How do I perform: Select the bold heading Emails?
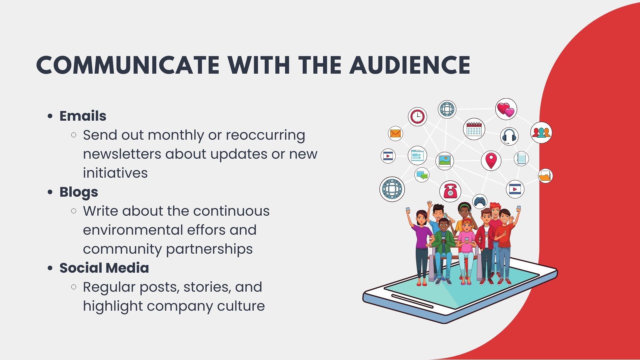point(83,116)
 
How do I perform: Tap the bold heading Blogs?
point(79,192)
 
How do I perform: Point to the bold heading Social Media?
point(104,268)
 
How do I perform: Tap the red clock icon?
point(417,117)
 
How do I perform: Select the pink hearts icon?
point(506,109)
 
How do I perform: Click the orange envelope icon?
point(396,134)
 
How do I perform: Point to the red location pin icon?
point(491,160)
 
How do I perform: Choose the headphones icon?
point(509,136)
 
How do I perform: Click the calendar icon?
point(474,129)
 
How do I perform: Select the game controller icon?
point(480,201)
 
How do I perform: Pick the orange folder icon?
point(545,176)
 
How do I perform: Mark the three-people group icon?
point(541,133)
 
